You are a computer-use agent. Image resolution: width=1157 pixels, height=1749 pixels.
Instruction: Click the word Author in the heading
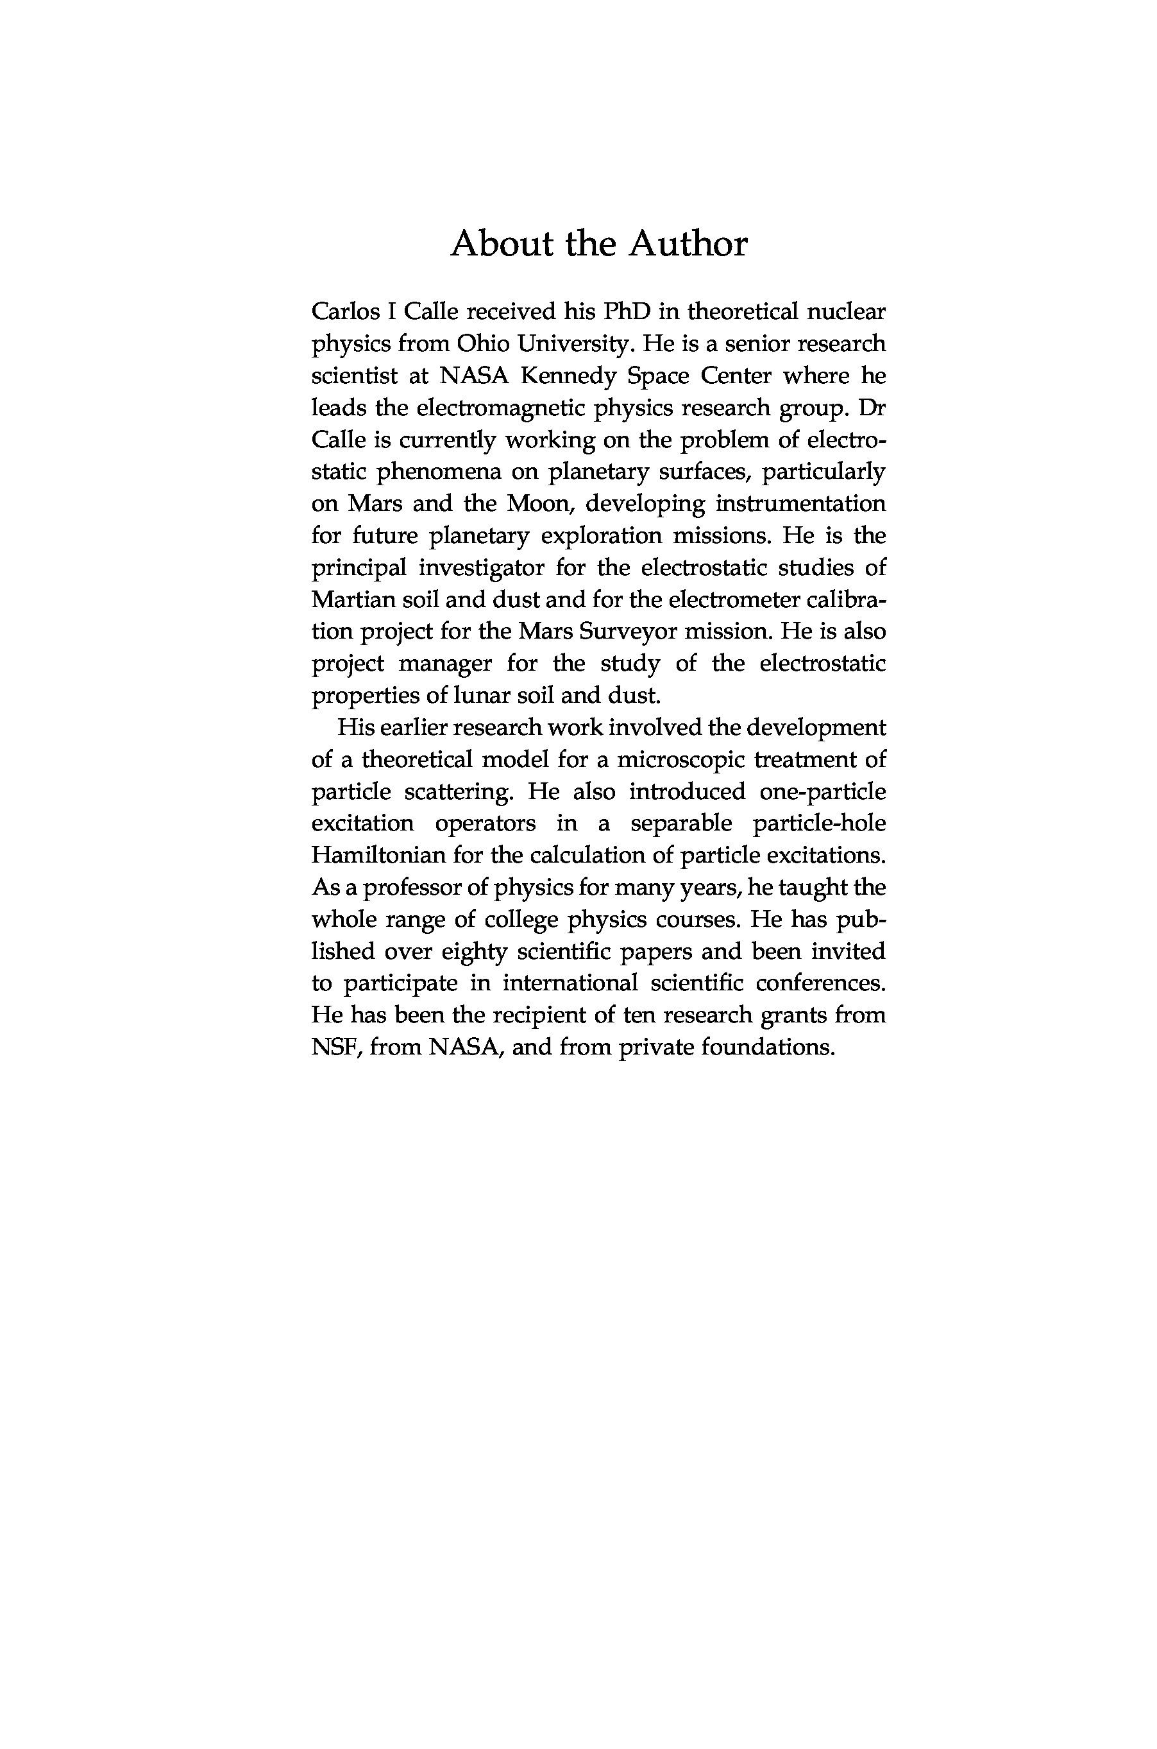(688, 245)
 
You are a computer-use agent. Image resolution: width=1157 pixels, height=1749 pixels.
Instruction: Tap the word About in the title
(502, 245)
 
